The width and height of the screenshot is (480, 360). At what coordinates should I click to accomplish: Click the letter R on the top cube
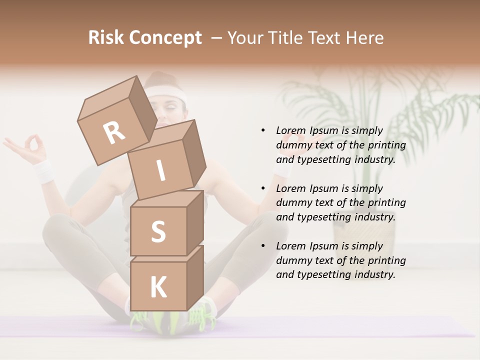(114, 133)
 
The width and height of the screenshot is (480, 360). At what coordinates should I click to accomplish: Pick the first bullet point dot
(263, 130)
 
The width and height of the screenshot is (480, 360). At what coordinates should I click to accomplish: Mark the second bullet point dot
(263, 188)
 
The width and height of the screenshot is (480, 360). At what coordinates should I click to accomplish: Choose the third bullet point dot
(263, 246)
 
